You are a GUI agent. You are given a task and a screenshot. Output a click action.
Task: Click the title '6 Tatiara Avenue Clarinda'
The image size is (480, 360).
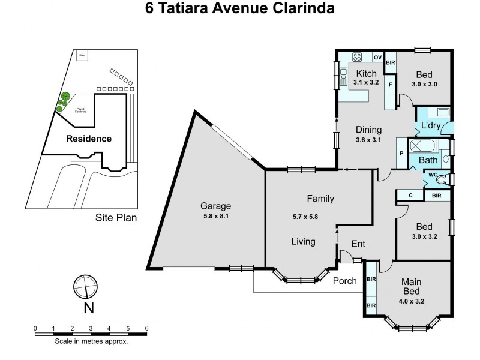click(240, 10)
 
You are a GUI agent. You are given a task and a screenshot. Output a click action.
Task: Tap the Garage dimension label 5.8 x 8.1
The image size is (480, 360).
click(215, 218)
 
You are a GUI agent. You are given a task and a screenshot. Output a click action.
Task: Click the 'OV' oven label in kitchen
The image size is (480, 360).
click(377, 58)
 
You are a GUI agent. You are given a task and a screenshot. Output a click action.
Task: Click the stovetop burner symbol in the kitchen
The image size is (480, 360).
click(358, 58)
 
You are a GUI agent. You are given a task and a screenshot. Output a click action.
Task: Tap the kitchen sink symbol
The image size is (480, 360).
click(344, 76)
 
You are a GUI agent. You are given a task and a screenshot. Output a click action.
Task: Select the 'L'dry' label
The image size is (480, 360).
click(431, 127)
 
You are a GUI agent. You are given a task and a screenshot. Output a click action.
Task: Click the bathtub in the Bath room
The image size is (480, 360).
click(425, 146)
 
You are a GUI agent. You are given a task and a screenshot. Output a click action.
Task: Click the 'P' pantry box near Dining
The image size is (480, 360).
click(401, 154)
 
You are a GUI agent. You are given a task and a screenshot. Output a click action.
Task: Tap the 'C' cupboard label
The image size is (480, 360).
click(410, 195)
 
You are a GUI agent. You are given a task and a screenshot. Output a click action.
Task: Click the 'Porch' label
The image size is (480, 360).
click(344, 281)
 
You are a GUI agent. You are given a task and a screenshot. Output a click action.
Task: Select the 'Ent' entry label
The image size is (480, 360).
click(358, 244)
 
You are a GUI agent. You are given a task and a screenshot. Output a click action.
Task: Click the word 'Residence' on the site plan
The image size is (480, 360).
click(89, 139)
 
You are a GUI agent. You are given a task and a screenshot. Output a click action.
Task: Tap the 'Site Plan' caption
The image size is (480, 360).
click(116, 218)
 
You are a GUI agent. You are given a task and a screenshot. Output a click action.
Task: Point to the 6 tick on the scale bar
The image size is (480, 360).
click(146, 328)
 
